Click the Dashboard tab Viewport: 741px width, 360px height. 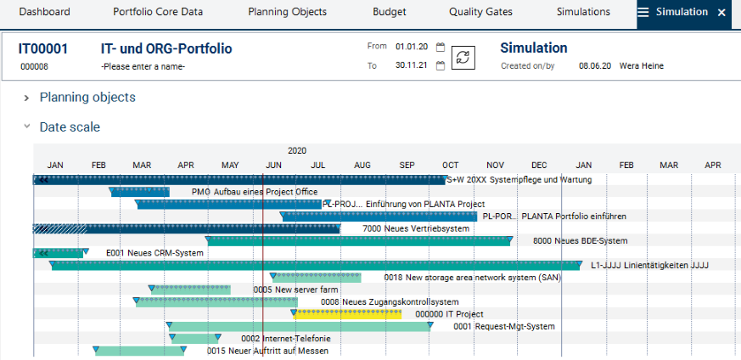pyautogui.click(x=44, y=13)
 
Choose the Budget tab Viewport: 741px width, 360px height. pyautogui.click(x=389, y=13)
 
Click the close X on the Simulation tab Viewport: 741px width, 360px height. pyautogui.click(x=721, y=13)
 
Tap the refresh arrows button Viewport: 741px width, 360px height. pyautogui.click(x=463, y=58)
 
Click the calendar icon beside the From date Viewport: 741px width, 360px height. pyautogui.click(x=441, y=48)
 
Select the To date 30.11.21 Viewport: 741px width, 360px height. pyautogui.click(x=411, y=66)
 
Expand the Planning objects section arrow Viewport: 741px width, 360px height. pyautogui.click(x=27, y=98)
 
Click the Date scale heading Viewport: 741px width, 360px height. pyautogui.click(x=70, y=127)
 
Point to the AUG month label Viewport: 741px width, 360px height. pyautogui.click(x=362, y=165)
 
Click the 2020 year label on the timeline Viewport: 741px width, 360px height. pyautogui.click(x=297, y=150)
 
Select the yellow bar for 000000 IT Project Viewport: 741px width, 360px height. pyautogui.click(x=348, y=314)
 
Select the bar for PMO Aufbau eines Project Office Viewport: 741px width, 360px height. pyautogui.click(x=140, y=192)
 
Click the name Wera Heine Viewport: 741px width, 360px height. pyautogui.click(x=642, y=66)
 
